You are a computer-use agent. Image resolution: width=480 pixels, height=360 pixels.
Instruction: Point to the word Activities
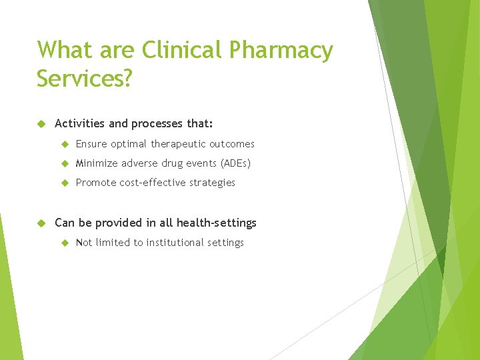coord(81,123)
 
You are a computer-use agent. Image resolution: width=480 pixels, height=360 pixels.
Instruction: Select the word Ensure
coord(91,144)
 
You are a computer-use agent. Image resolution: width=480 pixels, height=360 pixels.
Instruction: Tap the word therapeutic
coord(178,144)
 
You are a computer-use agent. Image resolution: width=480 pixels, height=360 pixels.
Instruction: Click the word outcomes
coord(232,144)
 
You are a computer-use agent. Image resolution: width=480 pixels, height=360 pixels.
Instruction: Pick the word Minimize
coord(97,163)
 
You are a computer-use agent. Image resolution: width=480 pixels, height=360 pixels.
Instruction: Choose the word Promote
coord(96,183)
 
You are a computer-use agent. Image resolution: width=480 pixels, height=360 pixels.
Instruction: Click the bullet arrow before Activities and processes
coord(41,123)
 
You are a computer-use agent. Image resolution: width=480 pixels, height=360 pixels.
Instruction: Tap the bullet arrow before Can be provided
coord(41,223)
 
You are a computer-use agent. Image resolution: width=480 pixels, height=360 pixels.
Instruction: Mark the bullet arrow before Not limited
coord(65,243)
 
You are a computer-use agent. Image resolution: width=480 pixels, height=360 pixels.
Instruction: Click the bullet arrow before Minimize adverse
coord(65,163)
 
